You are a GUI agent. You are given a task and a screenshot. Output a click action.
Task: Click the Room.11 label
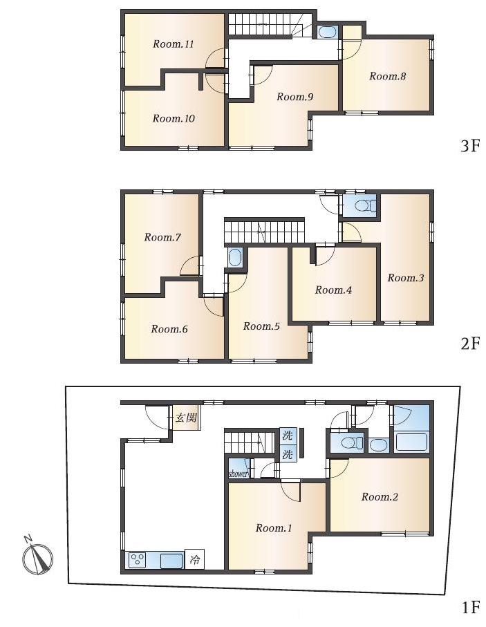174,44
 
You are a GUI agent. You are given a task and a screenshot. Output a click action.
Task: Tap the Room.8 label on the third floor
387,76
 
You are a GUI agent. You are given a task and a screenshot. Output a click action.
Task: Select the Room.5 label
261,326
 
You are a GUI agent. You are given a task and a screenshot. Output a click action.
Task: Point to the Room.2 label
380,496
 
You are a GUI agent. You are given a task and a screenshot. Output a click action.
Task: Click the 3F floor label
469,146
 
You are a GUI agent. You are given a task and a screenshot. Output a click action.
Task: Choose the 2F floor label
469,343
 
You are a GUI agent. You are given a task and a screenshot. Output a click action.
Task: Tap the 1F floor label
470,608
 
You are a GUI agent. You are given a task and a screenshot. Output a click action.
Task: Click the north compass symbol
37,556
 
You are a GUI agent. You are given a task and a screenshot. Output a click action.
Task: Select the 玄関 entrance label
187,418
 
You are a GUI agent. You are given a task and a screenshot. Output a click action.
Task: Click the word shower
239,474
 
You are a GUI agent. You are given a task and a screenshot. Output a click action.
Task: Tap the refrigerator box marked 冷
194,559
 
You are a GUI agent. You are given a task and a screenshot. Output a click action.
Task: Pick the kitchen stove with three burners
138,559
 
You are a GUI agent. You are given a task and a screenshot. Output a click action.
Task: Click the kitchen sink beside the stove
171,560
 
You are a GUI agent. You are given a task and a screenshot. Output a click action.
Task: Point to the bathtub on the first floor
411,442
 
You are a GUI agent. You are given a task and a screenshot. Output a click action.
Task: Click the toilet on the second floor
365,206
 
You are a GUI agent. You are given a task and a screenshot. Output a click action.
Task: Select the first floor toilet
352,443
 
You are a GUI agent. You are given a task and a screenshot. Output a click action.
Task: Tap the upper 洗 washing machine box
288,436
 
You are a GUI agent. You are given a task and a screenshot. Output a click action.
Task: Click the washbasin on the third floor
328,32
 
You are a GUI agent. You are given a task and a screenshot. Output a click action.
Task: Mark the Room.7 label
162,237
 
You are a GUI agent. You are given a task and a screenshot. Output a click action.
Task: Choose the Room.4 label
333,290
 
